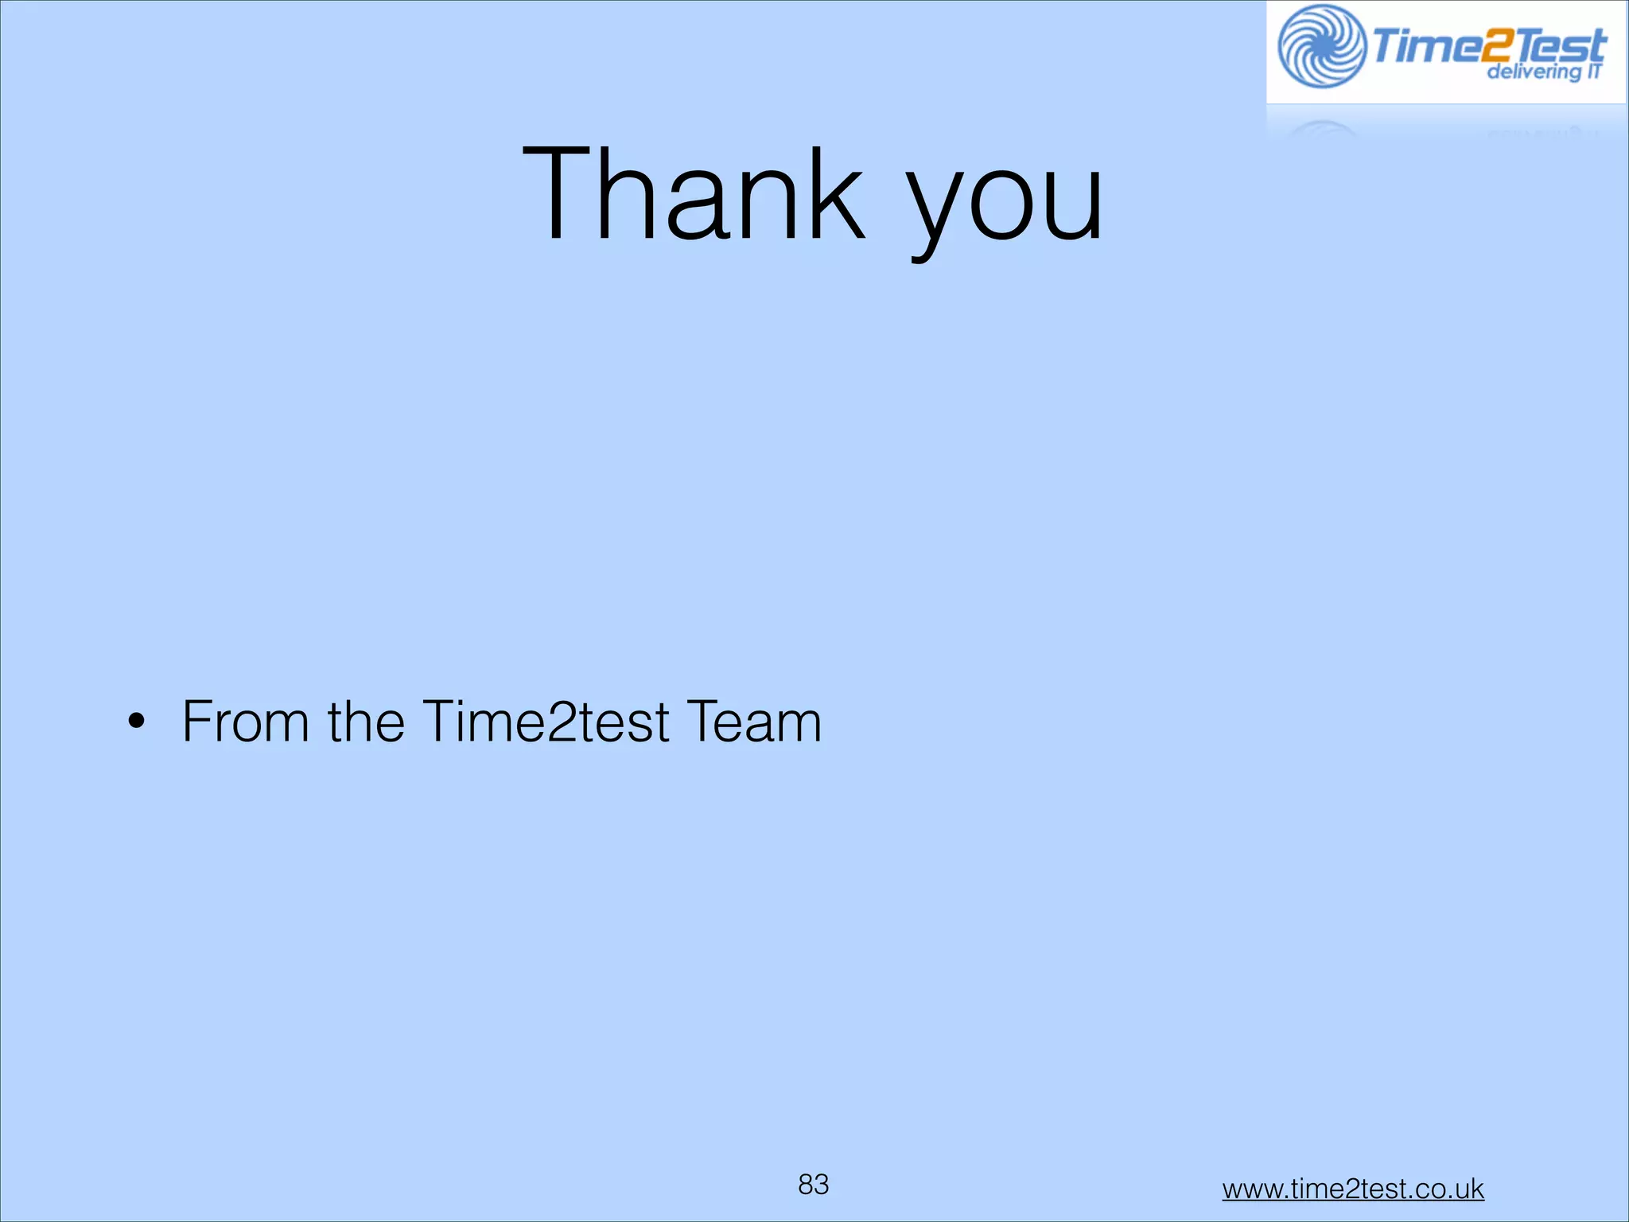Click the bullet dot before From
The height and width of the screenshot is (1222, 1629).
coord(137,722)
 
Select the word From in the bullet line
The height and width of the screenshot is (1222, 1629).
coord(245,722)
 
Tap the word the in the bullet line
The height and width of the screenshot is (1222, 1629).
coord(366,722)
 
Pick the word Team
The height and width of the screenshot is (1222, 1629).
coord(753,722)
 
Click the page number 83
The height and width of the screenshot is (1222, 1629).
coord(813,1185)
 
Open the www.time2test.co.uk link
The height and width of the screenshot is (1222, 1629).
coord(1352,1189)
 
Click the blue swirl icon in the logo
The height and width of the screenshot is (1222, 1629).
coord(1321,46)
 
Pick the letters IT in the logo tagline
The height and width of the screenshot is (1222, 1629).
coord(1593,71)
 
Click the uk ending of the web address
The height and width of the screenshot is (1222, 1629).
coord(1470,1189)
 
